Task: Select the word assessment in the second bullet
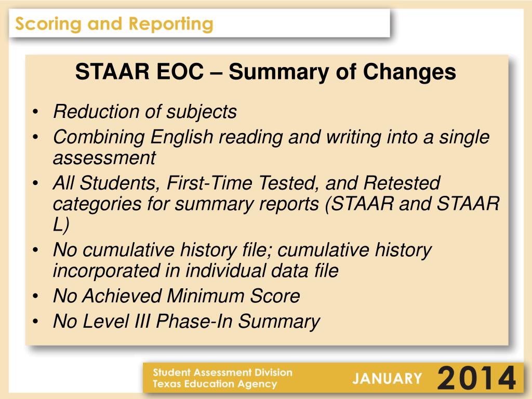(x=104, y=157)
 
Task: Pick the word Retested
(x=401, y=183)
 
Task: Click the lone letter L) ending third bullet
(x=60, y=224)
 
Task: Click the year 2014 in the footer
(x=477, y=378)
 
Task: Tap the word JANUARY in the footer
(x=387, y=378)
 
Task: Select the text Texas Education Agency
(x=215, y=384)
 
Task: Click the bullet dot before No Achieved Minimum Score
(x=35, y=297)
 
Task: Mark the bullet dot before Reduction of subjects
(x=35, y=112)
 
